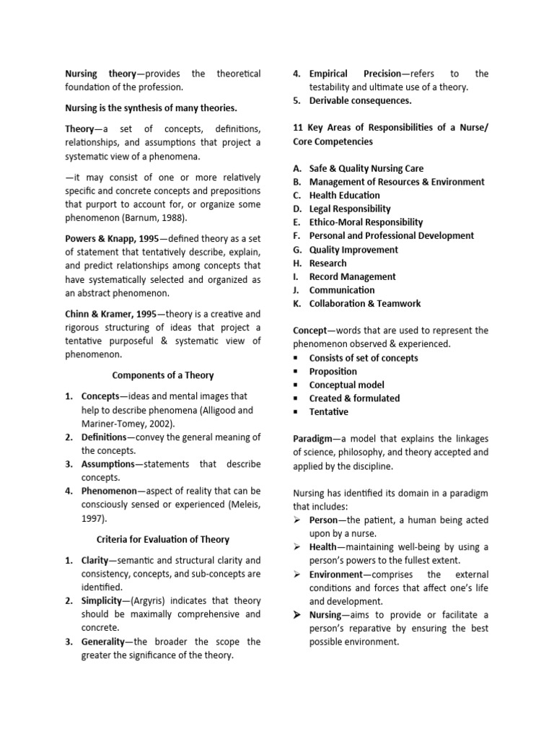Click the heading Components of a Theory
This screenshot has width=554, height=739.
click(x=163, y=375)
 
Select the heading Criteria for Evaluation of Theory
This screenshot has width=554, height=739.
click(x=163, y=539)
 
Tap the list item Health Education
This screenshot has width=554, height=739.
click(x=344, y=196)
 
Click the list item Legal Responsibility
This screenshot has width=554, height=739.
click(x=350, y=209)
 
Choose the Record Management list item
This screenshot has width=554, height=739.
click(x=352, y=276)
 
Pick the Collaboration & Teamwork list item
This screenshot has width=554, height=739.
click(x=364, y=304)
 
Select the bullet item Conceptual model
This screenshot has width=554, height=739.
click(x=346, y=385)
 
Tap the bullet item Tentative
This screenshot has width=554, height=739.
click(x=328, y=412)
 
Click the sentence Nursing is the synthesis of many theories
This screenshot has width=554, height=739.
click(x=151, y=108)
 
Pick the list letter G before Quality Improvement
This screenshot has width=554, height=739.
click(x=296, y=250)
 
